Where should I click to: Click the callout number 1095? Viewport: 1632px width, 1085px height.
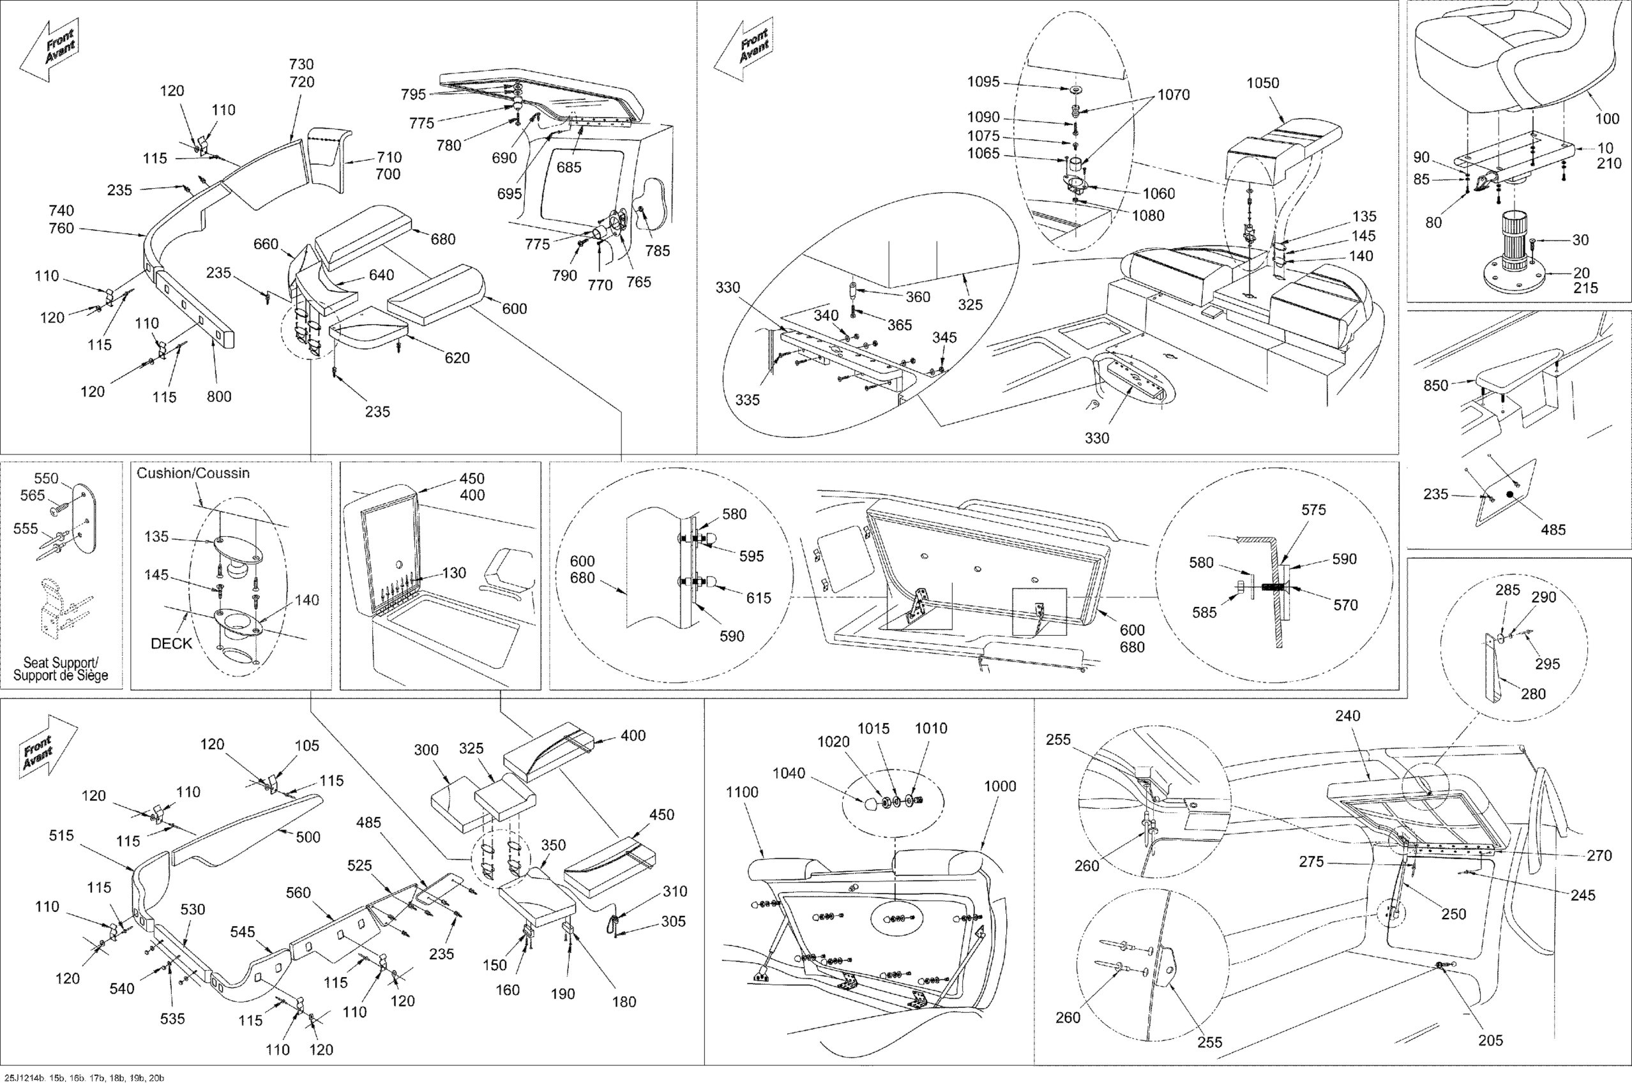point(983,82)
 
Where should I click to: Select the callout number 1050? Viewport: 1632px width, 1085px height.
point(1262,83)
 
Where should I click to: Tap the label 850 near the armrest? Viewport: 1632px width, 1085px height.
point(1435,385)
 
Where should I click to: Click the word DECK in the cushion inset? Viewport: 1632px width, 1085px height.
point(171,643)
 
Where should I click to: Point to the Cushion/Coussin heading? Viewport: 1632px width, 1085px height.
point(193,474)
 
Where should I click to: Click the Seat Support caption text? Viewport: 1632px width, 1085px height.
point(61,668)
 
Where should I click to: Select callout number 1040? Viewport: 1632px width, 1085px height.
point(789,773)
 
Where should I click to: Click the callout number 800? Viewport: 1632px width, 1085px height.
point(219,396)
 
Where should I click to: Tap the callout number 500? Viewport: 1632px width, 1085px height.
point(307,837)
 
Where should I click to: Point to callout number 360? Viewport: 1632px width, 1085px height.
point(918,297)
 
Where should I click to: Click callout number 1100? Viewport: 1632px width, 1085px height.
point(742,792)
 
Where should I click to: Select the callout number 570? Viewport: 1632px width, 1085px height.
point(1345,605)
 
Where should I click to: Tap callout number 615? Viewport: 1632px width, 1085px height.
point(758,598)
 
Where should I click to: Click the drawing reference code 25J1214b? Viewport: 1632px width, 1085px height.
point(25,1078)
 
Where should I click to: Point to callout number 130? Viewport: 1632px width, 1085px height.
point(453,573)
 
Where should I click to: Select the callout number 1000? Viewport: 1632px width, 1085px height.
point(1000,786)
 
